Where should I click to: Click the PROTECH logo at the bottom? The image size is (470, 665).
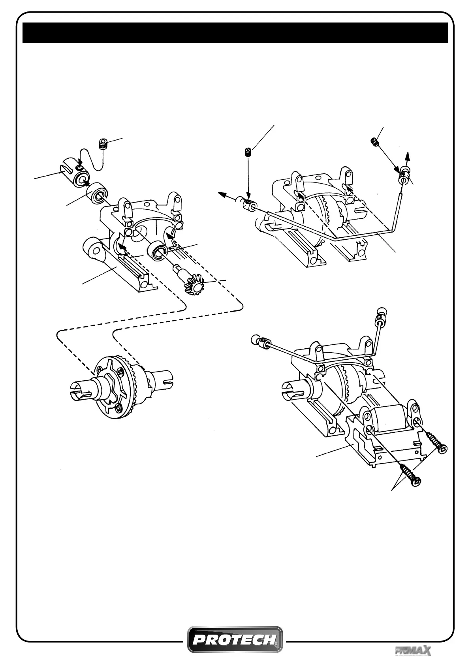(235, 639)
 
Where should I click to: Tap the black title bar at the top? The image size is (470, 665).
(235, 32)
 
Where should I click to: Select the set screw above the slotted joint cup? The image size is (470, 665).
(103, 145)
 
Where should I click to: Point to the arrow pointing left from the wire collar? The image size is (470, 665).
(226, 195)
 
